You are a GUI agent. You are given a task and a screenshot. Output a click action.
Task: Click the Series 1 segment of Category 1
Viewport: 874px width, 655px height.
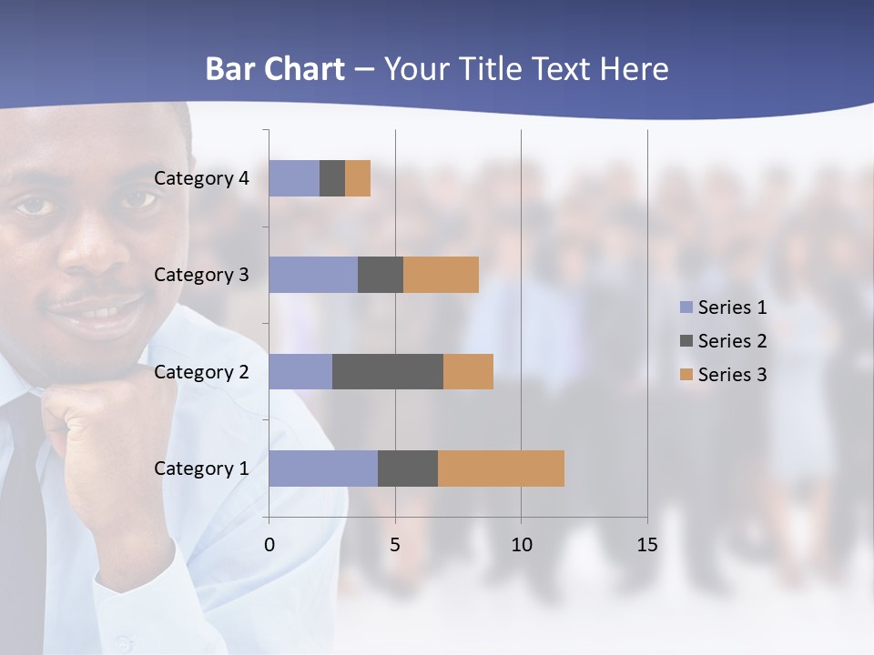pyautogui.click(x=323, y=469)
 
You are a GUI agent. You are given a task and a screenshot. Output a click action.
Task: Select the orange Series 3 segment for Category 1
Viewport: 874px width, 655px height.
pyautogui.click(x=501, y=469)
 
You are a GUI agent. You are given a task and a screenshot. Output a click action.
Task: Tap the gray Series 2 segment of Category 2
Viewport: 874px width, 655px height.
pyautogui.click(x=388, y=371)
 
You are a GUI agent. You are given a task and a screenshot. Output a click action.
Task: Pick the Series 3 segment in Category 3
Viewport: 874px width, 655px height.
pyautogui.click(x=441, y=275)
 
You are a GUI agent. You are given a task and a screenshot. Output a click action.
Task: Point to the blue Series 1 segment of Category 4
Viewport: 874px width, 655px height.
pyautogui.click(x=294, y=178)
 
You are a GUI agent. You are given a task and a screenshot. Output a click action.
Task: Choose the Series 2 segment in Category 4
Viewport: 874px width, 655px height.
pyautogui.click(x=332, y=178)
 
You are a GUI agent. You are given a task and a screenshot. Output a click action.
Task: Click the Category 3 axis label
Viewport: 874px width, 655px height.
pyautogui.click(x=201, y=275)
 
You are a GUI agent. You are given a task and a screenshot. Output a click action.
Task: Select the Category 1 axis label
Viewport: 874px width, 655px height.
pyautogui.click(x=201, y=469)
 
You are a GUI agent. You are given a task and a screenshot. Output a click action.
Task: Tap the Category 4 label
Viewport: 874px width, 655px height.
pyautogui.click(x=201, y=178)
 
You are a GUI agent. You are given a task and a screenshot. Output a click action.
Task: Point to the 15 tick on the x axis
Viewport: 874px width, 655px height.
pyautogui.click(x=646, y=545)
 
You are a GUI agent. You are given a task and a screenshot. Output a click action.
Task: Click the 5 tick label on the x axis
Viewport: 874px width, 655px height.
pyautogui.click(x=395, y=545)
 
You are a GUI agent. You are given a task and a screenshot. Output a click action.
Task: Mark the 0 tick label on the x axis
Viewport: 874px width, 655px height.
pyautogui.click(x=269, y=545)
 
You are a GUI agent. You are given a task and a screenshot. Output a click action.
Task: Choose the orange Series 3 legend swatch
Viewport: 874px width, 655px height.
pyautogui.click(x=686, y=375)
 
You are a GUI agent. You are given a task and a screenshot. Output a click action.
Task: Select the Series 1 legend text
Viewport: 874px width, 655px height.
pyautogui.click(x=732, y=307)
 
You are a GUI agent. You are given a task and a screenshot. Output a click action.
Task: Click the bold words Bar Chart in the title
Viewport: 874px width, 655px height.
pyautogui.click(x=275, y=69)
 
